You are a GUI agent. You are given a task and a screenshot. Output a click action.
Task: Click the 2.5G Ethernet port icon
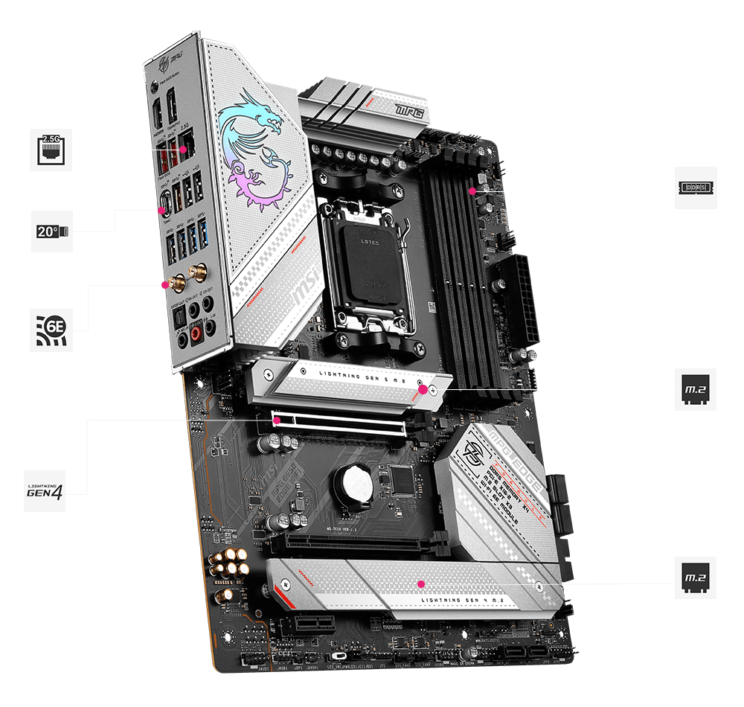tap(51, 150)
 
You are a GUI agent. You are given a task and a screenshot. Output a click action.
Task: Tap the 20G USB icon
tap(52, 231)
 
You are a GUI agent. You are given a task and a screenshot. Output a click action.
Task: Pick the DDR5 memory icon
tap(696, 187)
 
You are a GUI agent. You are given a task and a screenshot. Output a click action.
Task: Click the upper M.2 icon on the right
tap(696, 388)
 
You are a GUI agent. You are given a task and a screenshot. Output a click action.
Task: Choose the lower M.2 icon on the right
tap(696, 577)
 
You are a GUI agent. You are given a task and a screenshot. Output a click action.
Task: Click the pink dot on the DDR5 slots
tap(472, 191)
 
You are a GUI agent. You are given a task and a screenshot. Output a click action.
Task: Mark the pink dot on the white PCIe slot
tap(277, 420)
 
